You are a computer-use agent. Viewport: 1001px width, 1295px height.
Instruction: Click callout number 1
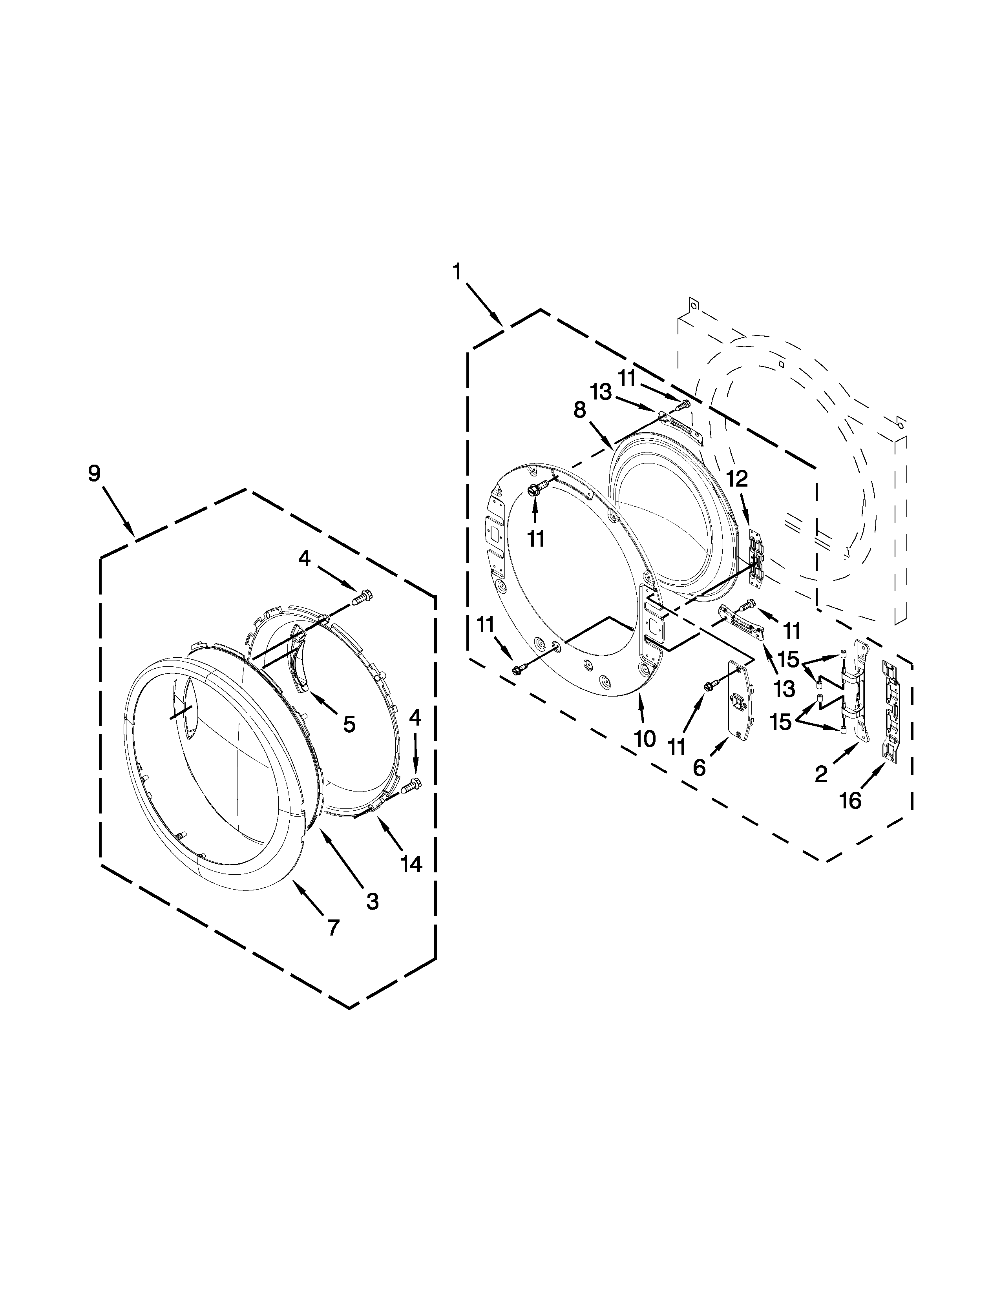tap(457, 272)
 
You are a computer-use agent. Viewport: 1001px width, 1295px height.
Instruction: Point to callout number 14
tap(411, 865)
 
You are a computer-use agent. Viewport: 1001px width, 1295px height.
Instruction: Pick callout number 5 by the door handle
tap(349, 724)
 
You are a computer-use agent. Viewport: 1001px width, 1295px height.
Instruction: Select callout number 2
tap(821, 774)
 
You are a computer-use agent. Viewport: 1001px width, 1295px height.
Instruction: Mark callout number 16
tap(850, 801)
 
